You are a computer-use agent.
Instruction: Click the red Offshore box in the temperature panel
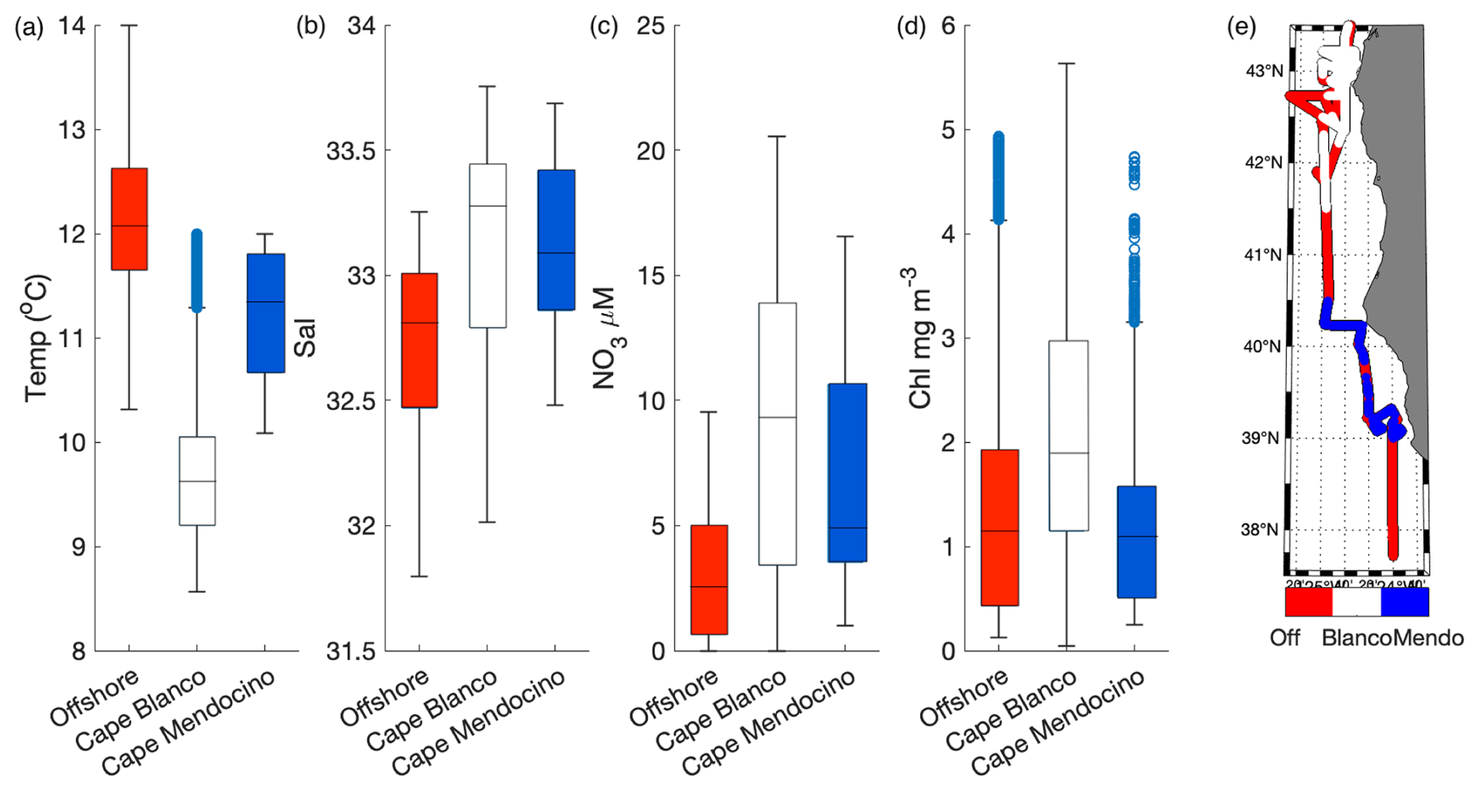129,219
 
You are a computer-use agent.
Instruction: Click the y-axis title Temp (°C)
38,338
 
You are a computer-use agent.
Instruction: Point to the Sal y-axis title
305,338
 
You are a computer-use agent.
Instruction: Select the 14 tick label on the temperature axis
72,26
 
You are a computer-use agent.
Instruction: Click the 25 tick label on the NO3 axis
650,26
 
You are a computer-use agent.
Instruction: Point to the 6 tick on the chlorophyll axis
948,26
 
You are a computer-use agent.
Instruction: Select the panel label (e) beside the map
1241,27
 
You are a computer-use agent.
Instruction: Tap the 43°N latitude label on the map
1264,71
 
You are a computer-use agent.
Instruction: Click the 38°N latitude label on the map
1260,530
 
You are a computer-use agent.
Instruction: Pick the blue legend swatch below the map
1405,602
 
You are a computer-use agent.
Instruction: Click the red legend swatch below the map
1309,602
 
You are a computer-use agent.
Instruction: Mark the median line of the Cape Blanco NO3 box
777,417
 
